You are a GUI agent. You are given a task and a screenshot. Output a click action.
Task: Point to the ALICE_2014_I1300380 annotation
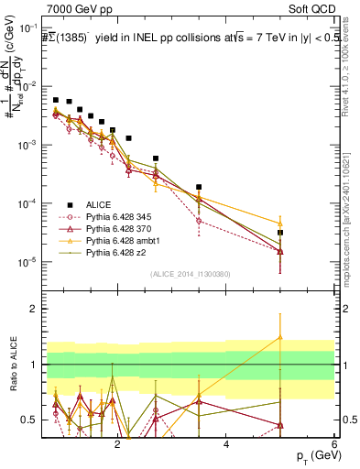189,273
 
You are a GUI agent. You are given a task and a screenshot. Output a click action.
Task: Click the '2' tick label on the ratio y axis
34,310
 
